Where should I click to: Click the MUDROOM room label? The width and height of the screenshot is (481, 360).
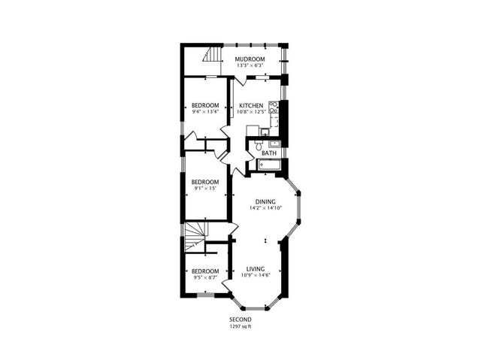point(250,59)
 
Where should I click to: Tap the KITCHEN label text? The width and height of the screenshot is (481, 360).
point(251,106)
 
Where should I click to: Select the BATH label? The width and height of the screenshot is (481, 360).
point(268,153)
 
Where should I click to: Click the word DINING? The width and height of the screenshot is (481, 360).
point(265,201)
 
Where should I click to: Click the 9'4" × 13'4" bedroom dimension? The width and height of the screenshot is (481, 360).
point(204,112)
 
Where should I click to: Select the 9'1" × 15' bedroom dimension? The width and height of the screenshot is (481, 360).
point(204,189)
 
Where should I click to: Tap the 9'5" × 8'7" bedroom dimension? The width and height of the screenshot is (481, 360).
point(204,277)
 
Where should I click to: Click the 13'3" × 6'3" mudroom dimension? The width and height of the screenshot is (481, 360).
point(250,65)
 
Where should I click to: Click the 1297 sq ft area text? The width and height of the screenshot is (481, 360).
point(242,326)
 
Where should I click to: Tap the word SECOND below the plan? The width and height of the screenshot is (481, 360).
point(242,319)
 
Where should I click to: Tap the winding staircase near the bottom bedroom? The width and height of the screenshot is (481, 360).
point(195,237)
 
